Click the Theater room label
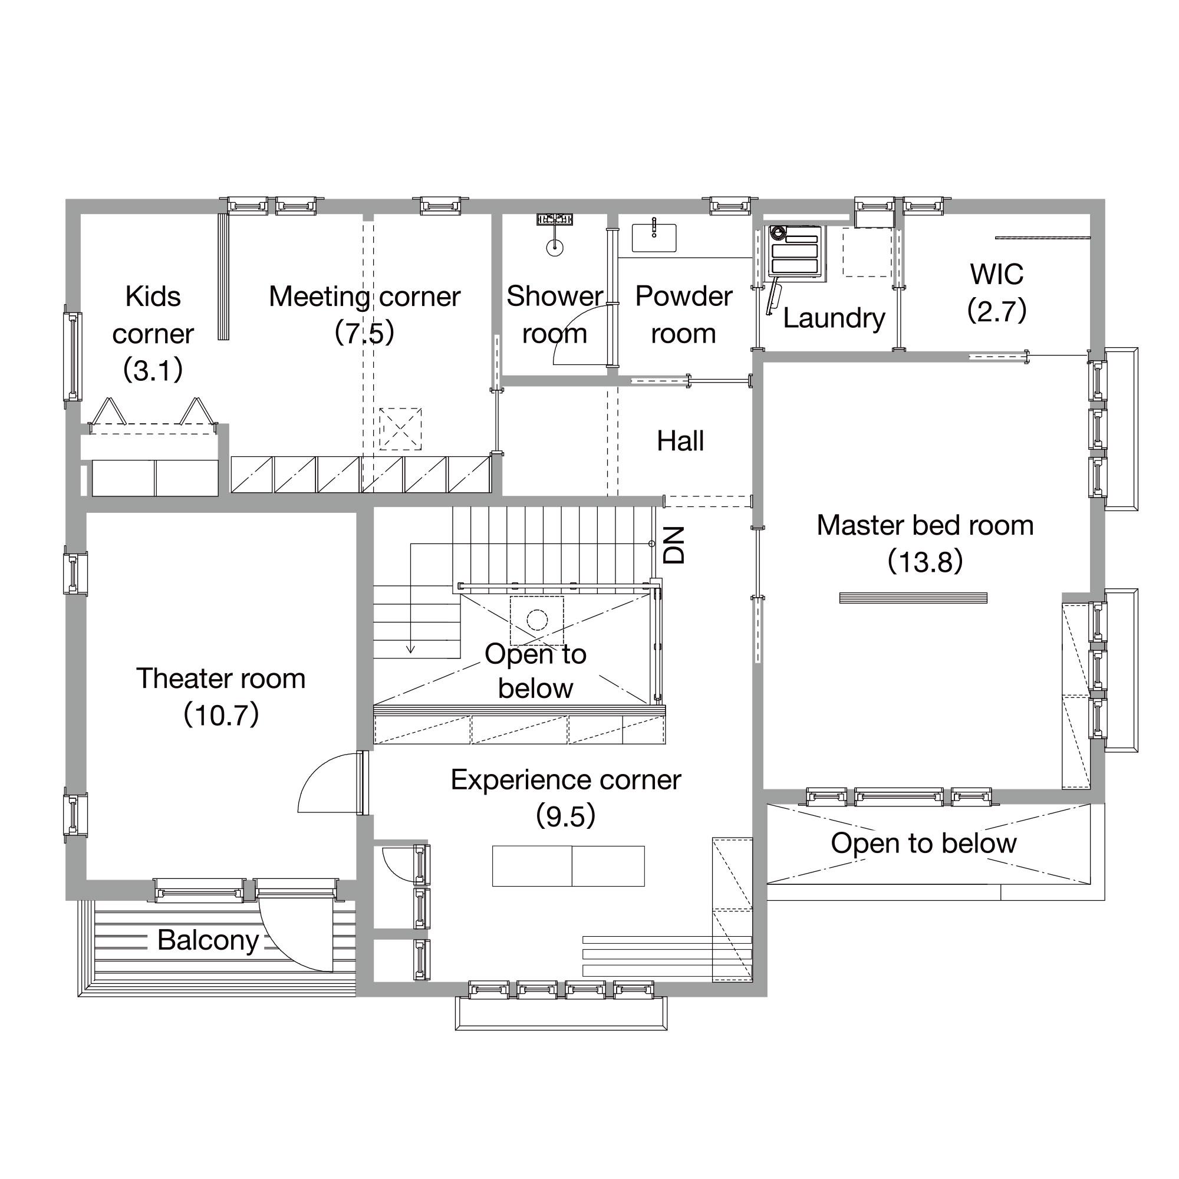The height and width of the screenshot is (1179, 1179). coord(221,679)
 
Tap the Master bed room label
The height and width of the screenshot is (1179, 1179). coord(925,525)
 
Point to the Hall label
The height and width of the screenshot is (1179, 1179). coord(680,440)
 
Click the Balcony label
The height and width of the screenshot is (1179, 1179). coord(208,940)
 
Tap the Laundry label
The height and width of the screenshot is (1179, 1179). coord(834,318)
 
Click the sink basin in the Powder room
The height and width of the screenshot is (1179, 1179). coord(654,238)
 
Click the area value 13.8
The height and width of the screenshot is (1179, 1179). coord(925,562)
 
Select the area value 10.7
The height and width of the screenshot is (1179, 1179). coord(221,714)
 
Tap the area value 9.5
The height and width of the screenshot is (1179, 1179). coord(566,816)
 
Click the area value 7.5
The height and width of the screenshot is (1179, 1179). coord(364,332)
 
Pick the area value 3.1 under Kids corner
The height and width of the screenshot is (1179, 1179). coord(153,370)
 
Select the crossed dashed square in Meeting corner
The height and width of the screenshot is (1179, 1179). coord(400,429)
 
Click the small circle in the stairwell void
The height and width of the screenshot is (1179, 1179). coord(537,621)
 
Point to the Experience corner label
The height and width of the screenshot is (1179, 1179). coord(566,780)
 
